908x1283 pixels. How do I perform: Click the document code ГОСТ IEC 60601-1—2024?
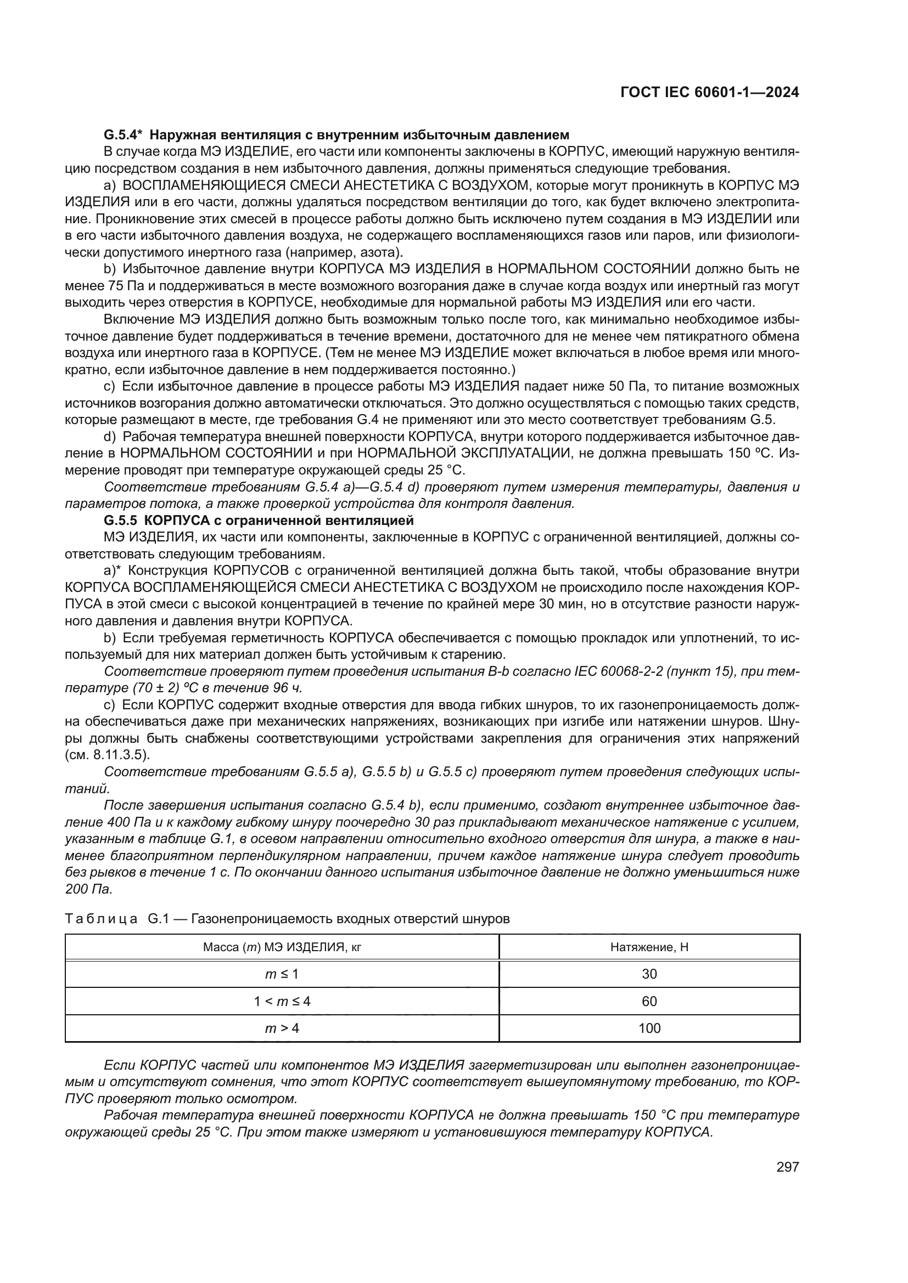pos(709,92)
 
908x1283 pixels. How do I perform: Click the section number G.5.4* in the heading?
pos(124,135)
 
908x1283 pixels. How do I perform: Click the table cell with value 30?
pos(649,974)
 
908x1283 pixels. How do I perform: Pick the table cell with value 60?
pos(649,1001)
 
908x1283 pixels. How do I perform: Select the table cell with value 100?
pos(649,1028)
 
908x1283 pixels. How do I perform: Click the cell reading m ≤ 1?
pos(282,974)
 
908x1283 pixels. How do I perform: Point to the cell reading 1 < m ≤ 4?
pos(282,1001)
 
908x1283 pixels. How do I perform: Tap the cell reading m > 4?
pos(282,1028)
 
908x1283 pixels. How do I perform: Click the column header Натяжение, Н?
pos(649,947)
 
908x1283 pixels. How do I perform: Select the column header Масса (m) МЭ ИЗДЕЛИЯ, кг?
pos(282,947)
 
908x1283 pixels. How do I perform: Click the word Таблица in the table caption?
pos(101,919)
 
